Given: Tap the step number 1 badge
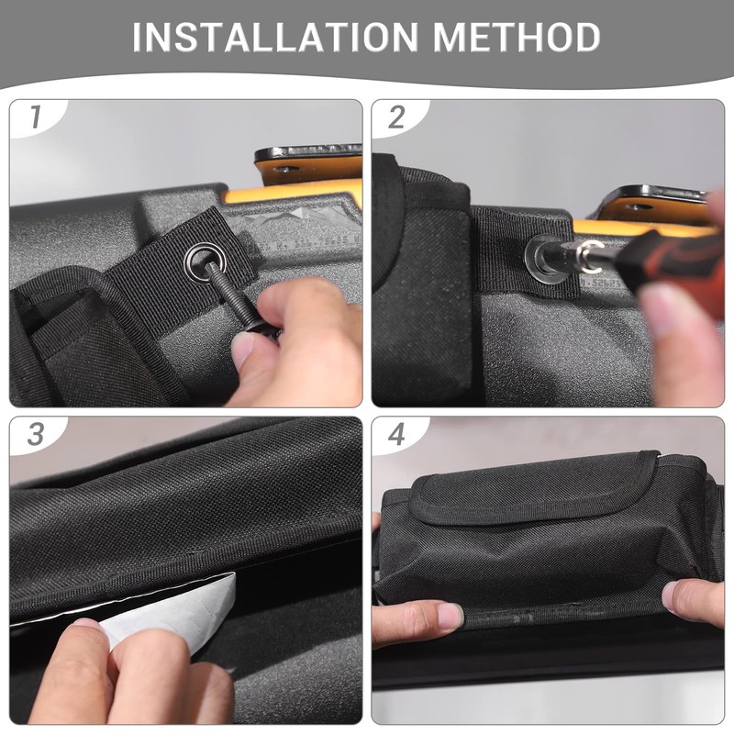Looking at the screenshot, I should pos(36,117).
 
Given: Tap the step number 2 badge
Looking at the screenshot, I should pos(396,117).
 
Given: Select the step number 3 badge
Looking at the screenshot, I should pos(36,434).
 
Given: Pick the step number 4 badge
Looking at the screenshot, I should pos(396,434).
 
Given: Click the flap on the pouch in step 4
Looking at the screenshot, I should pos(532,486).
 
